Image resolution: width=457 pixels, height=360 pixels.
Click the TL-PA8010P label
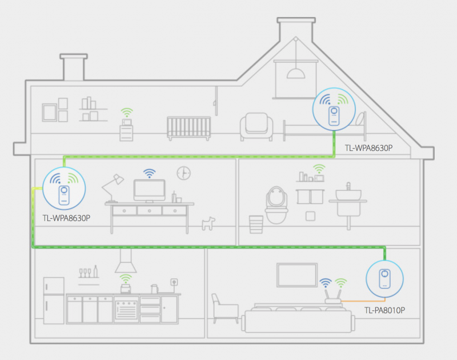pos(384,310)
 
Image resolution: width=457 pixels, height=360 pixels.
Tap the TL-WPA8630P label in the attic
pos(368,148)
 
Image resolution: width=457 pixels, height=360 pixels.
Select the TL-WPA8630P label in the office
pos(66,218)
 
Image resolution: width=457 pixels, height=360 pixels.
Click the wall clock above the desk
pos(183,173)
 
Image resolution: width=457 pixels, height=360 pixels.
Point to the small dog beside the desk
pos(209,223)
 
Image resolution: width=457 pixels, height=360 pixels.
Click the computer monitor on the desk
pos(149,191)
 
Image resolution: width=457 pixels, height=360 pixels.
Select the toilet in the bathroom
pos(276,205)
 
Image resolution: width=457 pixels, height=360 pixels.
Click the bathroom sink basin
pos(348,195)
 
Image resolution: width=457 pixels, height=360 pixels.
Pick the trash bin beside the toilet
pos(256,224)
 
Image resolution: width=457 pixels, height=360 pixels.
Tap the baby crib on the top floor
pos(189,129)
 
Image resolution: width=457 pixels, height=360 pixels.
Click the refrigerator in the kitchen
pos(54,301)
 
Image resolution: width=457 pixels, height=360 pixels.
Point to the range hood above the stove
pos(126,261)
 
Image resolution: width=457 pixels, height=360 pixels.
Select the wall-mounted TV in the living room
pos(297,275)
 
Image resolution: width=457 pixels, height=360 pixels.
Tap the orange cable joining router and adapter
pos(363,301)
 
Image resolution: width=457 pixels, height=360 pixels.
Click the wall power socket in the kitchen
pos(174,282)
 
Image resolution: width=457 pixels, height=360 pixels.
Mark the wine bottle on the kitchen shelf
pos(95,271)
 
